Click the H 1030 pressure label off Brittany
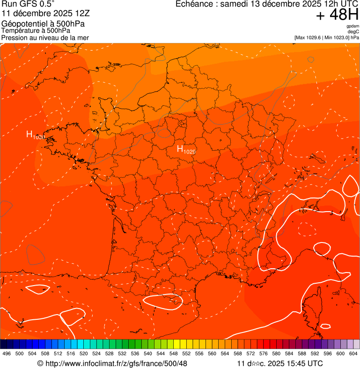pos(35,136)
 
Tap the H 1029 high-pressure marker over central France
pos(186,150)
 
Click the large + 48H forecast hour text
pos(337,15)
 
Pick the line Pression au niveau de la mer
pos(45,37)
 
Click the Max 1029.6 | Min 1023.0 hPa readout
pos(326,37)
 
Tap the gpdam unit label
pos(353,26)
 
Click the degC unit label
pos(353,32)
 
